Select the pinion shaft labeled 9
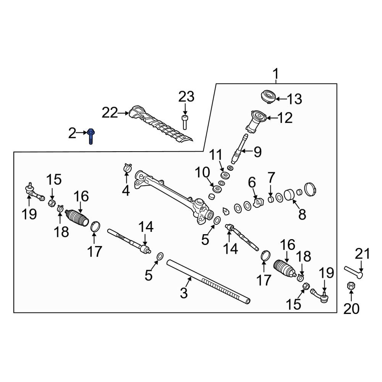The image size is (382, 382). (x=240, y=149)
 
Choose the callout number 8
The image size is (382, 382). (x=302, y=215)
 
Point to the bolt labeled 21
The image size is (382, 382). (x=354, y=272)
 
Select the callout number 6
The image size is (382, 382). (x=252, y=182)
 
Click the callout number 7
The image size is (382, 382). (x=271, y=178)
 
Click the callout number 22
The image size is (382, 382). (x=110, y=113)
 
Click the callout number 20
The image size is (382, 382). (x=351, y=308)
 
